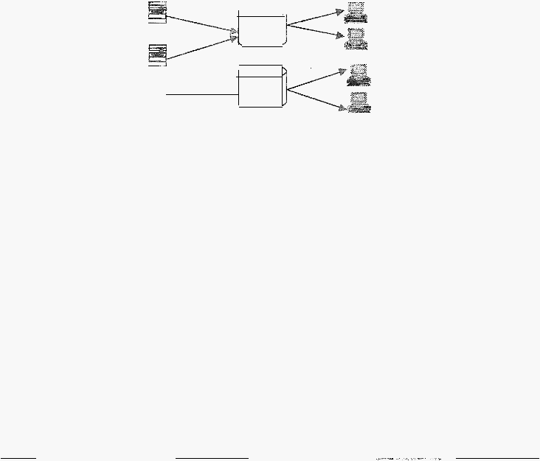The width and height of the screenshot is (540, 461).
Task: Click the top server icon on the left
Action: click(x=156, y=12)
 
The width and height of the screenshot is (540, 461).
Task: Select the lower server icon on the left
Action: click(x=156, y=55)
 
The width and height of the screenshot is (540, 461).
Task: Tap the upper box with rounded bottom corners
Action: click(x=262, y=29)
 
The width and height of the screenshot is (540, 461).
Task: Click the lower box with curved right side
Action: click(x=262, y=88)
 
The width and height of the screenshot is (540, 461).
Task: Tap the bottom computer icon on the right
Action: click(x=360, y=102)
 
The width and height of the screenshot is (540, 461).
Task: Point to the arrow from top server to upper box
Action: click(x=199, y=21)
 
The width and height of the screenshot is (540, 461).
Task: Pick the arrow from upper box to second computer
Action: click(x=314, y=32)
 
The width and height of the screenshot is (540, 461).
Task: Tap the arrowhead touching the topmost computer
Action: click(x=340, y=12)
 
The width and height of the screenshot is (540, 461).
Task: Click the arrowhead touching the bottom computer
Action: click(x=342, y=109)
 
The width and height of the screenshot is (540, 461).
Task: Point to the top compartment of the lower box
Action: click(x=260, y=71)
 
